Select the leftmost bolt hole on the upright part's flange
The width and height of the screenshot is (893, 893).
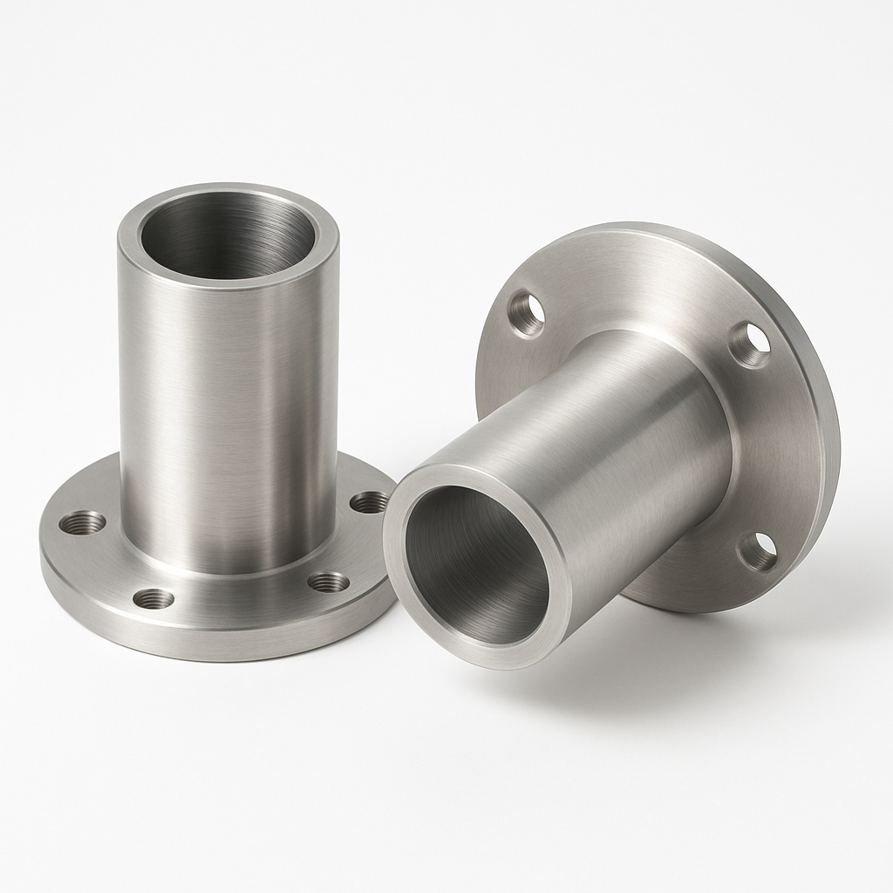click(x=83, y=522)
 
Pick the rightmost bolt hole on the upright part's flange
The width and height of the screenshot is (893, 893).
click(x=370, y=501)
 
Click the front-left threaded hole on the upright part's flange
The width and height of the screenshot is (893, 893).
click(x=153, y=598)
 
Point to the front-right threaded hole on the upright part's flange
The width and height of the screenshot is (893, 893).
click(x=329, y=582)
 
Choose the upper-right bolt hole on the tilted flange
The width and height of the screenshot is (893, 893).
click(x=750, y=343)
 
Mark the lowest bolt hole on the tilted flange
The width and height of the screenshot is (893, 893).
click(x=758, y=551)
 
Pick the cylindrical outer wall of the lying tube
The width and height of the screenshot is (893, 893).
click(x=602, y=436)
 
